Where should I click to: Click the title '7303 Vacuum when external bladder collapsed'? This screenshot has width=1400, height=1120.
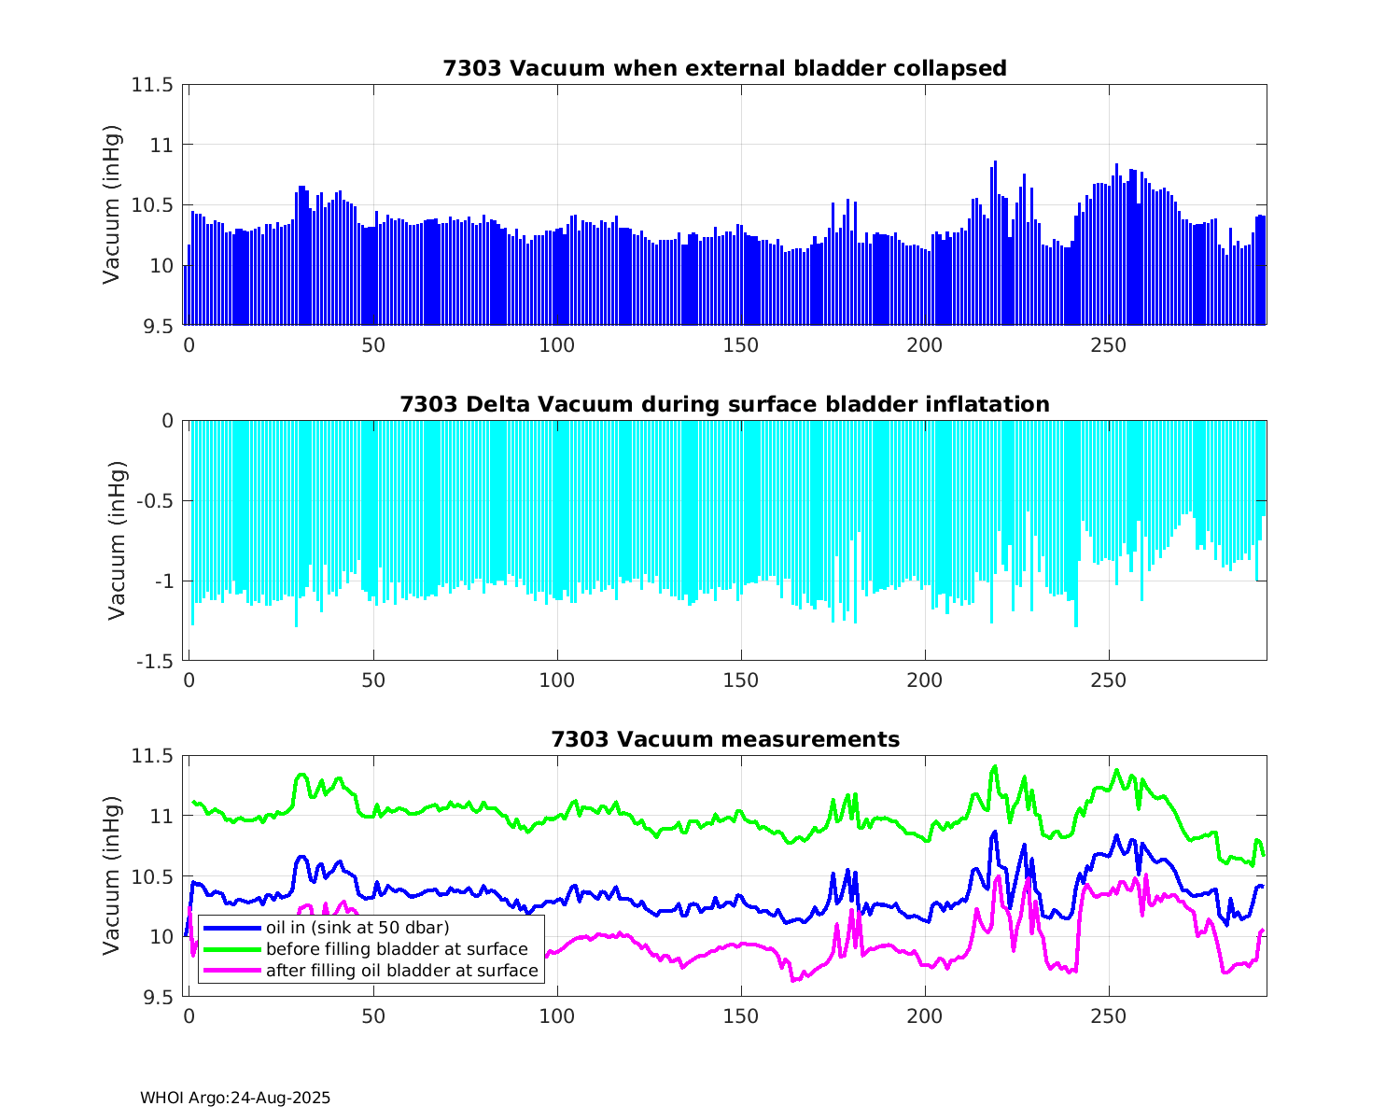[x=724, y=69]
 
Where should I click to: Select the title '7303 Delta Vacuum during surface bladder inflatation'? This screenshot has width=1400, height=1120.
[x=724, y=405]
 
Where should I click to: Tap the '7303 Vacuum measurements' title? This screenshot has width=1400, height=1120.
[x=724, y=740]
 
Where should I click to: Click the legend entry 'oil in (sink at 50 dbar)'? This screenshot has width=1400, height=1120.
[x=357, y=928]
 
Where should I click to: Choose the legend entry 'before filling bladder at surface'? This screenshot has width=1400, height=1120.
[x=397, y=949]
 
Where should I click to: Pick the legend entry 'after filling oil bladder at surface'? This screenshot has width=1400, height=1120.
[x=401, y=971]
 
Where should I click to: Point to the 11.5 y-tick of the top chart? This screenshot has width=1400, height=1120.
[x=152, y=85]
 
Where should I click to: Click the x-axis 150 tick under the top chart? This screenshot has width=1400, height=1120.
[x=741, y=344]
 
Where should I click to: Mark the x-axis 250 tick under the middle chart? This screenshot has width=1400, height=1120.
[x=1109, y=680]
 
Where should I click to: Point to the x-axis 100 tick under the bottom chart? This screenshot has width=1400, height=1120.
[x=557, y=1015]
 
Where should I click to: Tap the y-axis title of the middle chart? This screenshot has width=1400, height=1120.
[x=117, y=540]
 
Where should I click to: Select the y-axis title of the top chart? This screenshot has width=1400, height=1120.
[x=112, y=204]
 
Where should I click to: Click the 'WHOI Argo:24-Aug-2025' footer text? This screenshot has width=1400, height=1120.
[x=235, y=1099]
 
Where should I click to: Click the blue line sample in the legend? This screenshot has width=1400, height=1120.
[x=231, y=928]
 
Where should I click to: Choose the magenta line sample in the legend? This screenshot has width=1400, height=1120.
[x=231, y=971]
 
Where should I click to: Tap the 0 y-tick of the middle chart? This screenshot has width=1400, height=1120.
[x=168, y=421]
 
